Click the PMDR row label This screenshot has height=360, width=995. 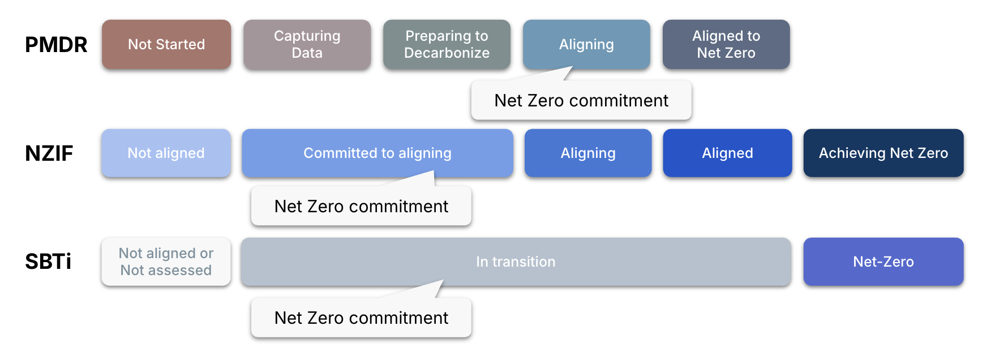56,45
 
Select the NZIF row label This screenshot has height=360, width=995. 49,153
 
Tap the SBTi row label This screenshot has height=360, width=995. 48,262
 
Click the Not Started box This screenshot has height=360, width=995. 166,45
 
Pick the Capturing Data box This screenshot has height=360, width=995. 307,45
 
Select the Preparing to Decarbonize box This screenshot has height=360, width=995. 447,45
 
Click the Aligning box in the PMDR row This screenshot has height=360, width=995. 586,45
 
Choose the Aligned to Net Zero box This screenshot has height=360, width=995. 726,45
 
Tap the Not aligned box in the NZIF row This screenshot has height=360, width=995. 166,153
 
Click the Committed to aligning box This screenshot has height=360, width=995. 378,153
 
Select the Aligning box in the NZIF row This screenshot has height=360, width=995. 588,153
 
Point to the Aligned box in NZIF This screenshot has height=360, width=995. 727,153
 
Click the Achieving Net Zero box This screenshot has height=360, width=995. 883,153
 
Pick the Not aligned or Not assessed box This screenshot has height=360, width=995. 166,262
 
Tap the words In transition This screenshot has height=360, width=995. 516,262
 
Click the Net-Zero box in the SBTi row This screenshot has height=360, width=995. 883,262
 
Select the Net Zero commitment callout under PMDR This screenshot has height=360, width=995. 581,101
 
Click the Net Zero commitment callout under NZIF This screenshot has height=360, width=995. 361,207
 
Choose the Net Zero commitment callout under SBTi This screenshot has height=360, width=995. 361,318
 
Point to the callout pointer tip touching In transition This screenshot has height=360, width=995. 442,282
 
